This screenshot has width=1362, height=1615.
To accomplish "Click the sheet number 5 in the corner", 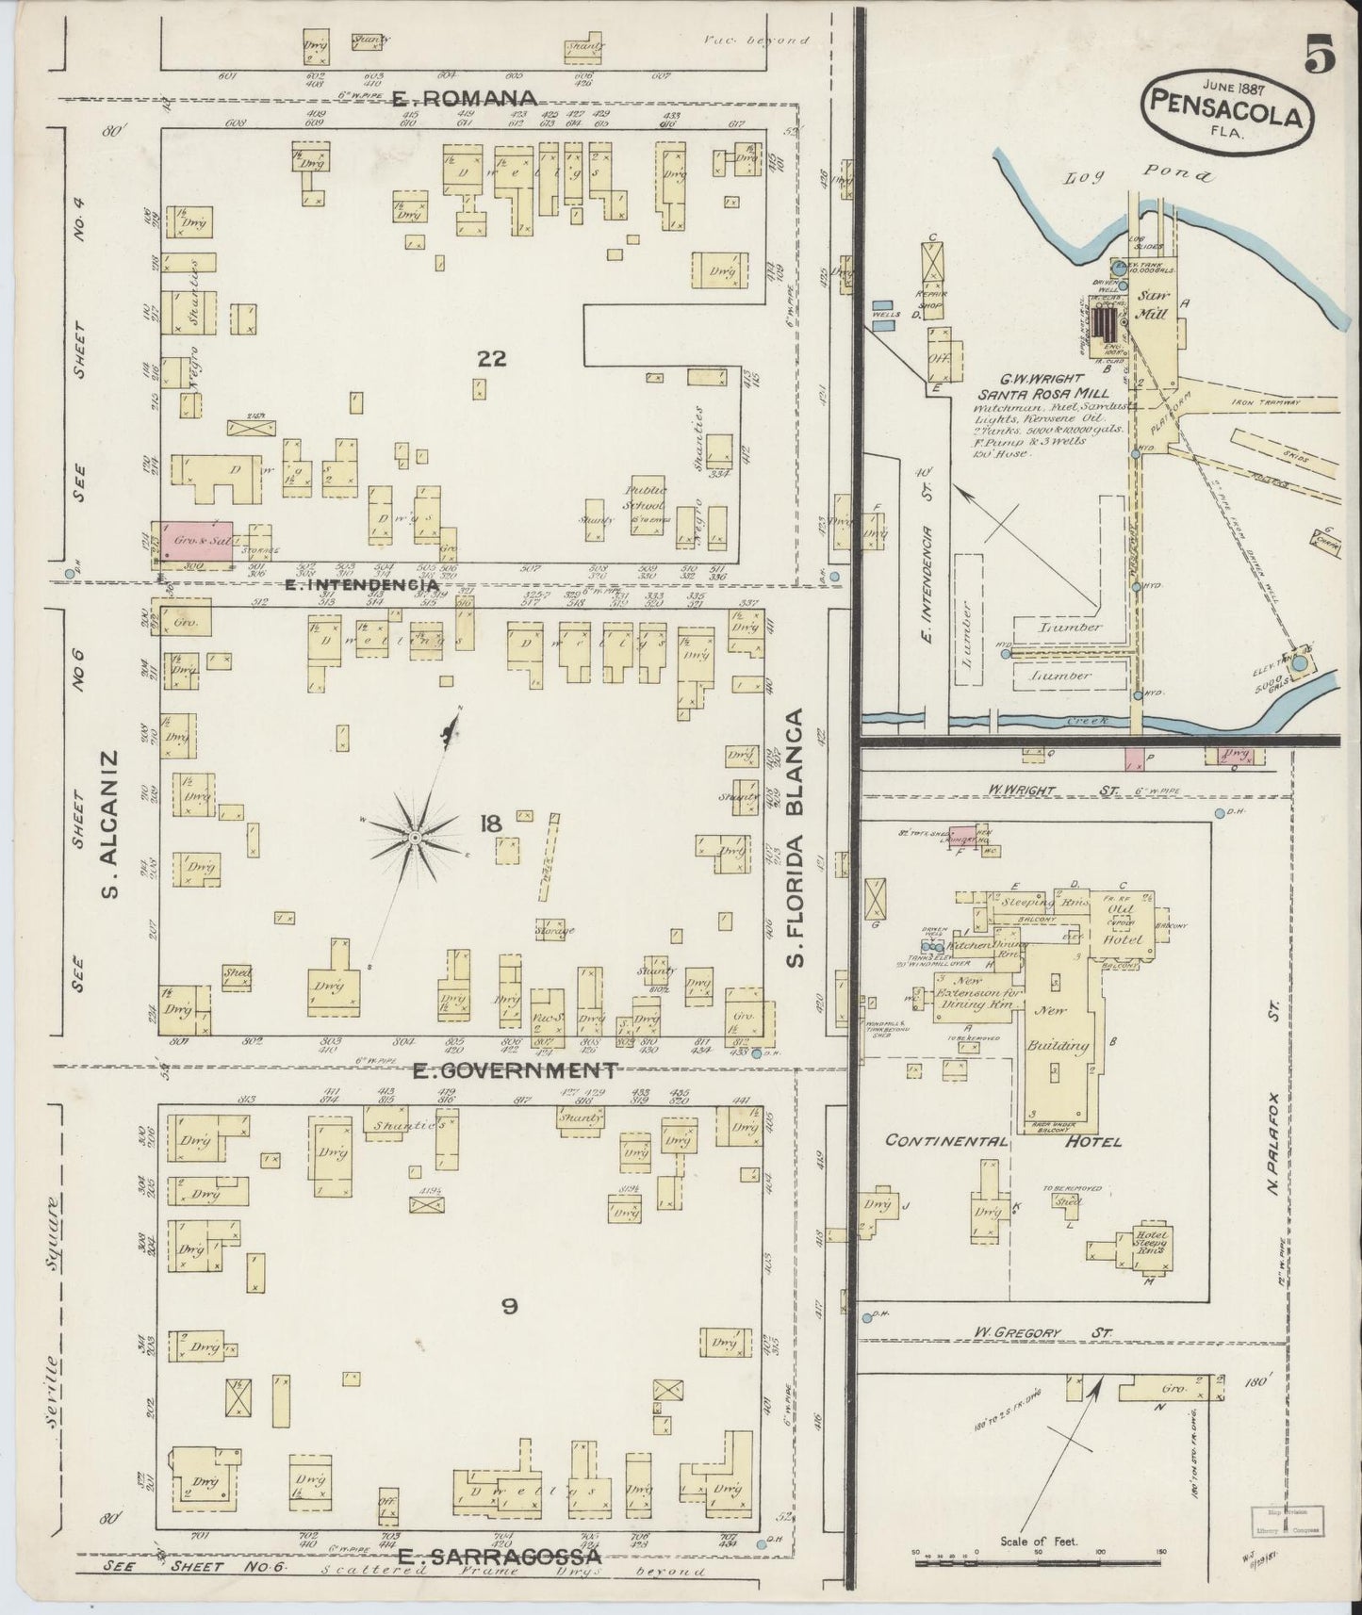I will pyautogui.click(x=1320, y=57).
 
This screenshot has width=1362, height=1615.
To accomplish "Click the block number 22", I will pyautogui.click(x=492, y=358).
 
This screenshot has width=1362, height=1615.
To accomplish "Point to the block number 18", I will pyautogui.click(x=489, y=824).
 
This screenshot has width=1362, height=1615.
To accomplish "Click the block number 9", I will pyautogui.click(x=509, y=1306).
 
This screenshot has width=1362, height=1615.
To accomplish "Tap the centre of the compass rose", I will pyautogui.click(x=415, y=837).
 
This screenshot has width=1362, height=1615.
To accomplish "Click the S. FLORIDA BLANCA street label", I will pyautogui.click(x=796, y=824).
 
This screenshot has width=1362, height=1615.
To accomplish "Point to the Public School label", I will pyautogui.click(x=647, y=498).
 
